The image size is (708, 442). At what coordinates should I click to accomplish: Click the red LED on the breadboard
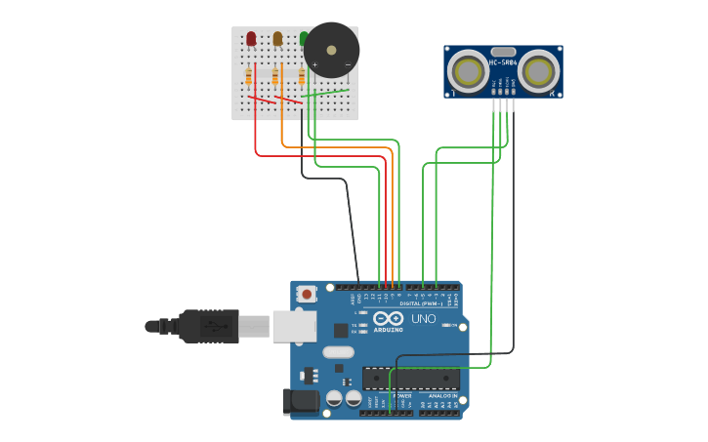point(251,39)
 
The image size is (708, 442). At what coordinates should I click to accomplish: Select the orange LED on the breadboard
point(277,39)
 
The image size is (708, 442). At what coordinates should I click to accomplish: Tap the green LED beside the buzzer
point(304,39)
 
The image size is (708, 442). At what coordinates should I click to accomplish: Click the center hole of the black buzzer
point(331,50)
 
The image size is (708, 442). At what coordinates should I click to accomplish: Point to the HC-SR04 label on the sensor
point(502,62)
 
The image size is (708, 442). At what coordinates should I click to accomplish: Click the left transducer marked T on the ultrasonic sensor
point(468,71)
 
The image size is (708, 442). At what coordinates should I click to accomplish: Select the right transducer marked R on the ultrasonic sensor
point(538,71)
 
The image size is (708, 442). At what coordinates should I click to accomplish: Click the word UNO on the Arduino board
point(423,319)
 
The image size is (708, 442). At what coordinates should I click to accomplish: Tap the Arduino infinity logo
point(388,318)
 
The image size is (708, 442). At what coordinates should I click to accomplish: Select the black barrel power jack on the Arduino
point(301,400)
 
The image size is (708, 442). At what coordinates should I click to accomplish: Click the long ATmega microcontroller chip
point(410,378)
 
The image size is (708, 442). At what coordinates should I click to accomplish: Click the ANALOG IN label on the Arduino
point(440,395)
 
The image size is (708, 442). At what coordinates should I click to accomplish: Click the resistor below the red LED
point(249,76)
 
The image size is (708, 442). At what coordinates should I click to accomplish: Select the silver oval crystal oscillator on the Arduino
point(337,352)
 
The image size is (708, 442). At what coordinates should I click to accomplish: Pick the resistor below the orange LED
point(275,76)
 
